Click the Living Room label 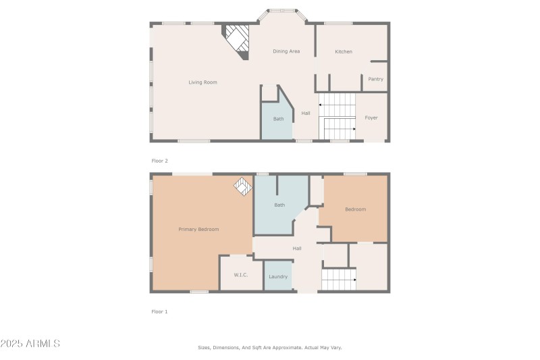coord(202,82)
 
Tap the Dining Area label coord(286,51)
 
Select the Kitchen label coord(344,51)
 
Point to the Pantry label coord(375,79)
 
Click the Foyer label coord(371,118)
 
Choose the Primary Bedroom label coord(198,230)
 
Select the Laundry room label coord(278,277)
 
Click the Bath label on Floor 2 coord(278,119)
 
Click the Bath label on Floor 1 coord(279,205)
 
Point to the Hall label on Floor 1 coord(297,249)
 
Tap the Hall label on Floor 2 coord(306,113)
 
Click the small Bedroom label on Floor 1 coord(355,209)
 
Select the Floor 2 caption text coord(159,161)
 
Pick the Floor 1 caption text coord(159,311)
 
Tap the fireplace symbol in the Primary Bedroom coord(242,186)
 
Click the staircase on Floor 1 coord(338,279)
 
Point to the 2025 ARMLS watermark coord(30,344)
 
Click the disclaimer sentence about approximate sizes coord(270,347)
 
